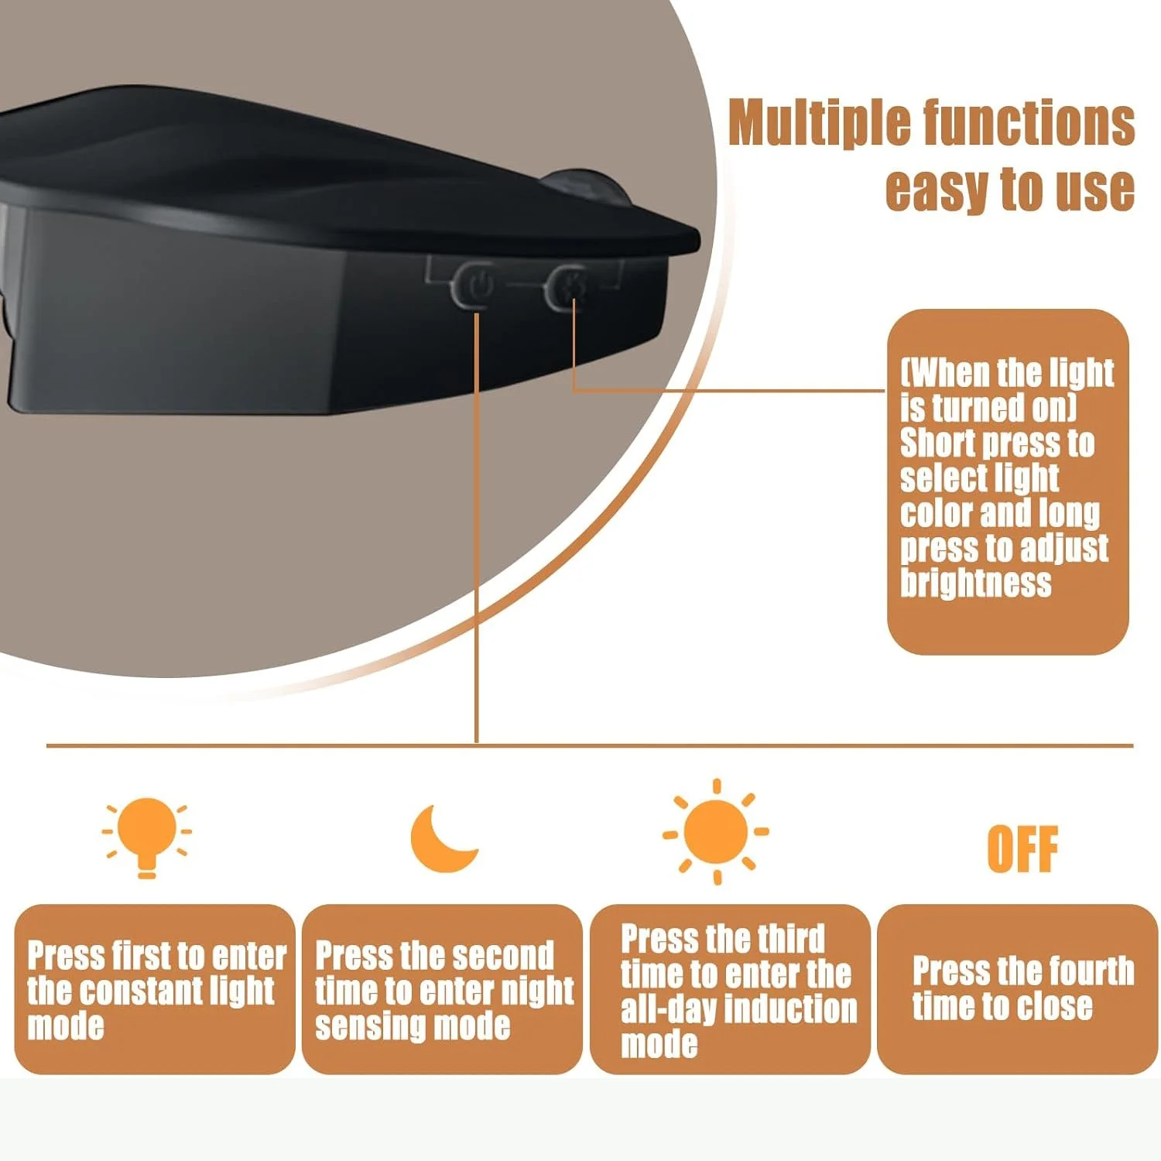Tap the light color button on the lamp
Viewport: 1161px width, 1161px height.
[x=566, y=286]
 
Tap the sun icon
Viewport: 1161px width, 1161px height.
[x=716, y=832]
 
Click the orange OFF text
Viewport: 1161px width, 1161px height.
[x=1022, y=849]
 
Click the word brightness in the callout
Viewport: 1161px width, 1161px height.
[x=975, y=582]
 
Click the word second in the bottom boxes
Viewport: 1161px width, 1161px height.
[x=505, y=956]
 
